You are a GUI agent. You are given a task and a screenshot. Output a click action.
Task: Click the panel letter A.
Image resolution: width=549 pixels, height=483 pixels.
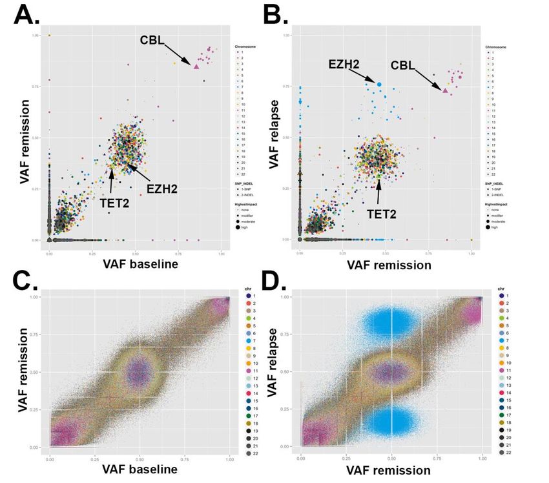tap(31, 14)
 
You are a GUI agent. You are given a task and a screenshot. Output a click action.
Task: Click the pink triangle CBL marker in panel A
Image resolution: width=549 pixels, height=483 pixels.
tap(196, 66)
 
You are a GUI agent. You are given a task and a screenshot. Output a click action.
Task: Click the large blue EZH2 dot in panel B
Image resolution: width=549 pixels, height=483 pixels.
tap(379, 85)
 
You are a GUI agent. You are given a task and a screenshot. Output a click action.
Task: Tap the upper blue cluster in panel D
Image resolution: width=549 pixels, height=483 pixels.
tap(388, 322)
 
